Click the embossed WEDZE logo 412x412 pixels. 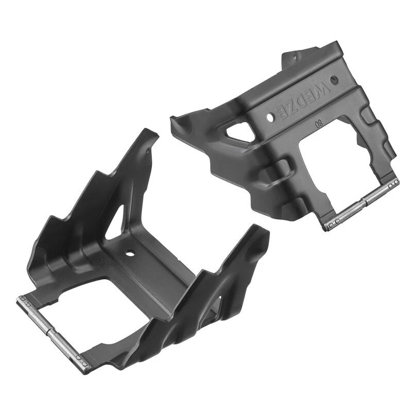tap(302, 101)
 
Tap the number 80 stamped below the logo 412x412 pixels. tap(319, 124)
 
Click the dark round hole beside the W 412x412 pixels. tap(334, 81)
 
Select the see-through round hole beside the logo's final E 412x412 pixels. tap(270, 117)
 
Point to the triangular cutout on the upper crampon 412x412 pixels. tap(238, 133)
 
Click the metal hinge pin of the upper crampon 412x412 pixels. tap(363, 203)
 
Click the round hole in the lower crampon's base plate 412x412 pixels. tap(129, 254)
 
